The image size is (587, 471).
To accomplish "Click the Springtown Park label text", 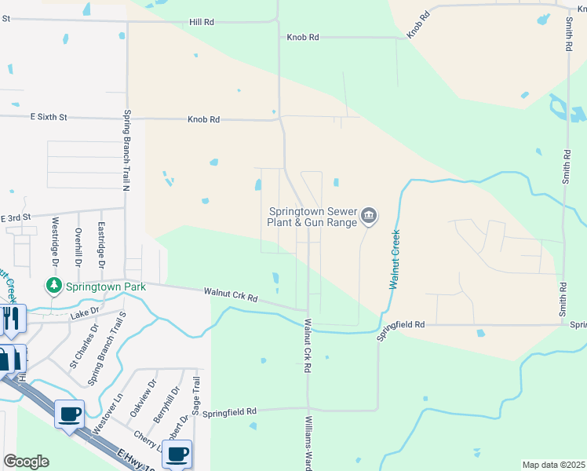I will click(x=105, y=287).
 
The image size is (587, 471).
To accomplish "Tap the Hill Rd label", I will click(x=202, y=23).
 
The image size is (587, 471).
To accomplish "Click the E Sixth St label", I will click(x=49, y=117).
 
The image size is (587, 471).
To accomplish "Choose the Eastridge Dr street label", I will click(x=100, y=240).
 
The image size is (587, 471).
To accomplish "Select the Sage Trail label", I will click(x=197, y=396).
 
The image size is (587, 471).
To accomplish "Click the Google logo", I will click(x=25, y=462).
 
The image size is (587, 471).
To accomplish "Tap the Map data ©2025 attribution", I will click(x=553, y=465).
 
